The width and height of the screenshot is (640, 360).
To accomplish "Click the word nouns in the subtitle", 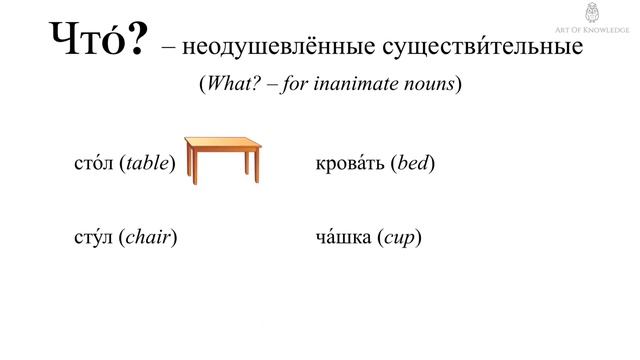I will point(430,84).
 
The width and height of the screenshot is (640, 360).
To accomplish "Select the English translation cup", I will point(400,238).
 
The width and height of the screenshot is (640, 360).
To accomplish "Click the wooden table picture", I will point(223,154).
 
